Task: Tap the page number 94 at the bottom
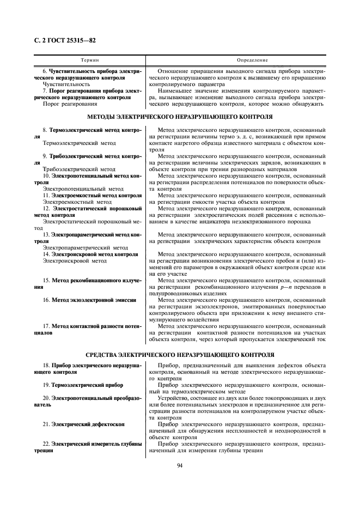pos(180,465)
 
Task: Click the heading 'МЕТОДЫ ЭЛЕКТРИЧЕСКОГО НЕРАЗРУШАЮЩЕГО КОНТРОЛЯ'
pos(180,117)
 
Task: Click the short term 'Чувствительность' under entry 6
pos(66,84)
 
